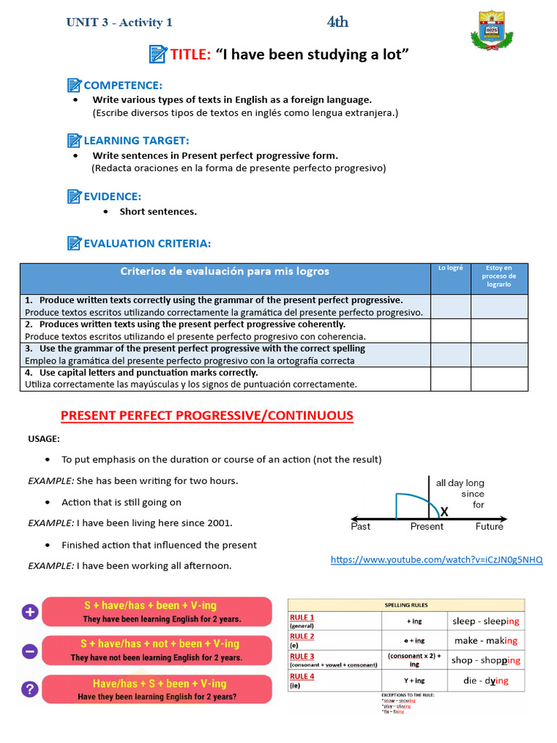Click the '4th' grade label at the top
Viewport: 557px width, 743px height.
click(337, 22)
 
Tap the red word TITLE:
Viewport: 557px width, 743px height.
click(191, 54)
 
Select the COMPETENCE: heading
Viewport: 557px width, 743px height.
click(123, 85)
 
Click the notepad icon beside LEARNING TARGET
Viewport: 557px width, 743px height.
click(74, 140)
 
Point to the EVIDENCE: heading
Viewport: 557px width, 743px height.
click(112, 196)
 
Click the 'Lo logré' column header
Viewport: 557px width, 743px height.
click(450, 268)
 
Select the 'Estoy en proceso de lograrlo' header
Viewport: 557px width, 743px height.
click(499, 276)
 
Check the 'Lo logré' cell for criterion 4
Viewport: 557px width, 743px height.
click(450, 379)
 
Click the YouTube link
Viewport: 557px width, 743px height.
click(437, 559)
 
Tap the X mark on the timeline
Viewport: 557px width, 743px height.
click(444, 512)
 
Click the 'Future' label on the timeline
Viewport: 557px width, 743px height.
click(489, 527)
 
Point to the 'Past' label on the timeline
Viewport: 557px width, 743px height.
click(360, 527)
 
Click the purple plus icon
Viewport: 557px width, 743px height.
click(30, 612)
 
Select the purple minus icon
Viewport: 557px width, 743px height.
click(30, 651)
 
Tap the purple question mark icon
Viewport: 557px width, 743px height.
click(30, 689)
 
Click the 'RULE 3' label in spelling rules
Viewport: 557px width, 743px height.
click(302, 656)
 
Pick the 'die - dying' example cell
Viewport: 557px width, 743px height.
click(485, 681)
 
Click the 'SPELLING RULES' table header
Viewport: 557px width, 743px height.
click(405, 604)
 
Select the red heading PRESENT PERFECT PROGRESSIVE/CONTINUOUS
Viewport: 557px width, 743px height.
click(207, 416)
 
